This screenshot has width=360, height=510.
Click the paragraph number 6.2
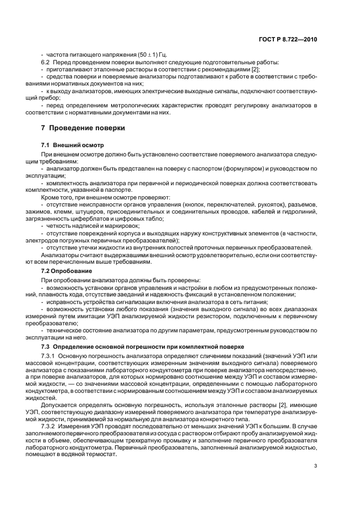46,63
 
